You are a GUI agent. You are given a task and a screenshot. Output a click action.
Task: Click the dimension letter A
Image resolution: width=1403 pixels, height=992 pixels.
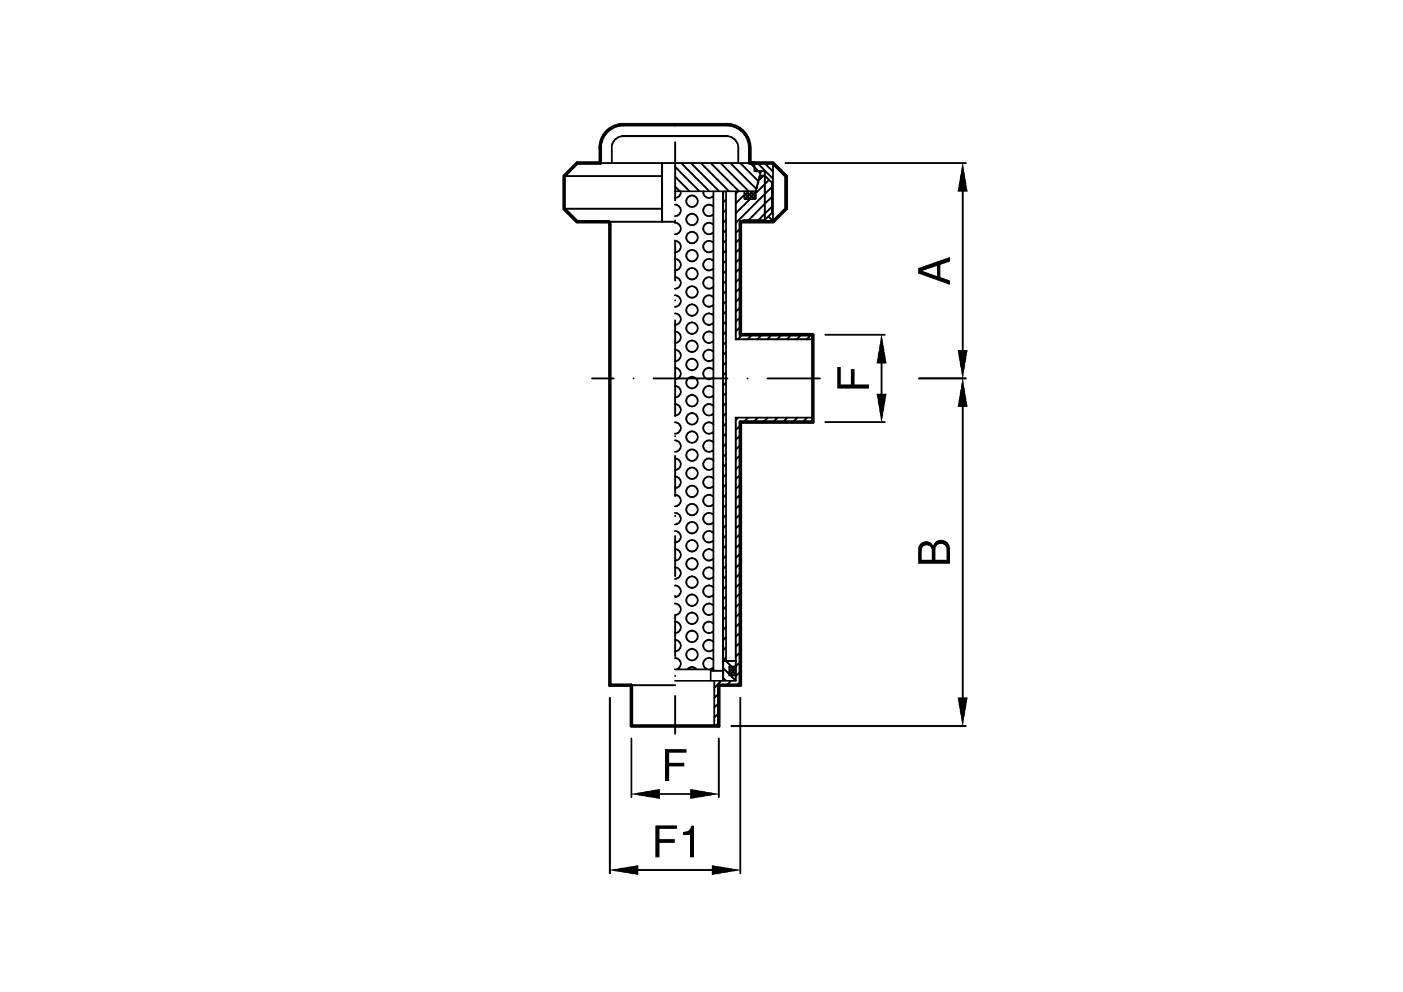coord(935,271)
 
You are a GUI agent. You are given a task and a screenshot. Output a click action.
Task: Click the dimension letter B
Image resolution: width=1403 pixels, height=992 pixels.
coord(935,551)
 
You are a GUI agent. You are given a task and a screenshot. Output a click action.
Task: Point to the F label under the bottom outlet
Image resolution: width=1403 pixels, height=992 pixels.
coord(675,765)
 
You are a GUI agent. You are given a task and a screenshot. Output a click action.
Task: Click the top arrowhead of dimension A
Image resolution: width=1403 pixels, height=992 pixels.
coord(962,177)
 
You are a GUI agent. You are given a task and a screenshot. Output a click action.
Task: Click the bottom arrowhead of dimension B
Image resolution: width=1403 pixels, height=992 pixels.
coord(962,711)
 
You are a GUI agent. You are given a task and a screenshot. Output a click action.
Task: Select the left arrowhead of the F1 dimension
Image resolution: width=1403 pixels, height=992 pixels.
coord(624,870)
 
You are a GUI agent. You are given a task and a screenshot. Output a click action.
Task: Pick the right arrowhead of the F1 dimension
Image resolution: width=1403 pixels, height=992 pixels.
coord(726,870)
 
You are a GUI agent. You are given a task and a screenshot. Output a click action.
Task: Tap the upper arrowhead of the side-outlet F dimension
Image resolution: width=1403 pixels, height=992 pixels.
coord(881,349)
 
